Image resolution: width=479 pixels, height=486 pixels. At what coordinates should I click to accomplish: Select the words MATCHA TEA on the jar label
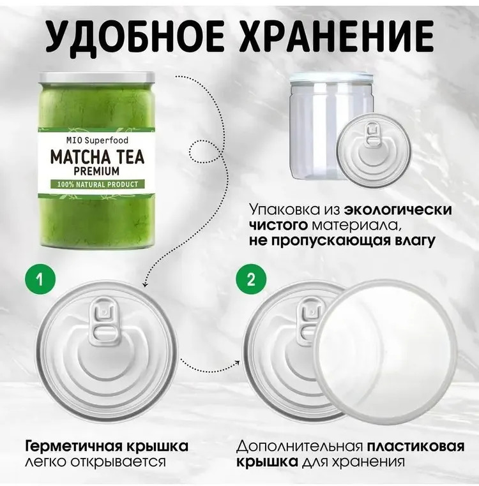coord(97,157)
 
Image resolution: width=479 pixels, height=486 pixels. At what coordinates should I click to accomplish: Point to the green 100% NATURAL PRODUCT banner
coord(98,184)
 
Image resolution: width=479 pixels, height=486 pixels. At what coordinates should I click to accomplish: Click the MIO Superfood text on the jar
coord(97,140)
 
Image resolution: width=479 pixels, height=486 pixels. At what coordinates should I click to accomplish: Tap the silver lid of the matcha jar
coord(96,77)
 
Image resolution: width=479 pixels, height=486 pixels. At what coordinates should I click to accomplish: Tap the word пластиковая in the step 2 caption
coord(416,446)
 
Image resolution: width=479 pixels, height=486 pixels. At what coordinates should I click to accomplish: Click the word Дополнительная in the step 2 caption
coord(300,447)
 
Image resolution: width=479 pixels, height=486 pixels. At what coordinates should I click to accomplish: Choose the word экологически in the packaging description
coord(398,210)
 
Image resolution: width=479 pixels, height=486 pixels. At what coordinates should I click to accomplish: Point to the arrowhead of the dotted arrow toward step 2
coord(238,363)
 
